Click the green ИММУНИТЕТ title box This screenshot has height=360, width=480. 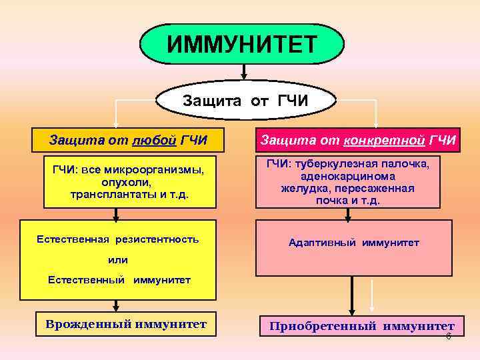[x=242, y=44]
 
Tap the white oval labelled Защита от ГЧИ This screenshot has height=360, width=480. [x=244, y=101]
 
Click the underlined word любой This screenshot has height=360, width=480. [x=155, y=141]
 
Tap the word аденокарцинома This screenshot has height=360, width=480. [x=347, y=177]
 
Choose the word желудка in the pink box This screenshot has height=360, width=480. [x=300, y=189]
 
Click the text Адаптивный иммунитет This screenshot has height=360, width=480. [x=353, y=243]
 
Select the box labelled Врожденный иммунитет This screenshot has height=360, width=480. [x=125, y=325]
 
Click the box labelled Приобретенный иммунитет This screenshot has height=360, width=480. [x=361, y=326]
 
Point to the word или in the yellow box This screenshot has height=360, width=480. [x=117, y=260]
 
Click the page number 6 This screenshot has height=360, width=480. [x=448, y=337]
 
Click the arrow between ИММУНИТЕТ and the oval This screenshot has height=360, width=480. [x=244, y=72]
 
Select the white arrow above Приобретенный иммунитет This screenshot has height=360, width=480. [x=372, y=301]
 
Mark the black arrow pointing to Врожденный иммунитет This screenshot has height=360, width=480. [x=117, y=305]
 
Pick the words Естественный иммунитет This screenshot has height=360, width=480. [x=119, y=280]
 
